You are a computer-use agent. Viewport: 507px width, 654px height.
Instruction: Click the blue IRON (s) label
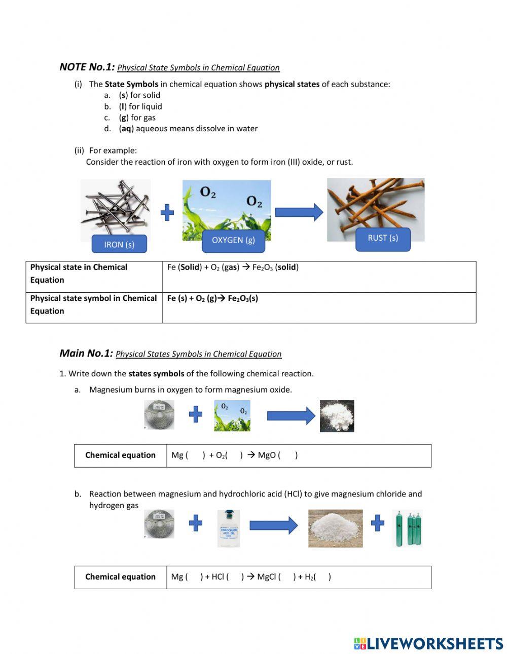119,244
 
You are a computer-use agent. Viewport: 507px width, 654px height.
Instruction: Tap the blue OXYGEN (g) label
233,240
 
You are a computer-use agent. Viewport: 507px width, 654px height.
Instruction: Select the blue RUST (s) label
383,238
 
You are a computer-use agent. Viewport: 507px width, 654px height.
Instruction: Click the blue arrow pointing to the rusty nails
299,212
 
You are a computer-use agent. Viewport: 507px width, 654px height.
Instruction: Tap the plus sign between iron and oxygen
167,213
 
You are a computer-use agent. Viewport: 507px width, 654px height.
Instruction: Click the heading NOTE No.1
87,67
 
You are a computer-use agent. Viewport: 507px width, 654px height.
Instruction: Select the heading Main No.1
86,353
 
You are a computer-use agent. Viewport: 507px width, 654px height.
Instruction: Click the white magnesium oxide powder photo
337,416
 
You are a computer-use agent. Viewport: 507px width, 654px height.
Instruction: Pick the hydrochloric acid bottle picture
228,528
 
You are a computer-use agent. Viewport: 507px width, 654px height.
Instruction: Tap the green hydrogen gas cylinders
408,528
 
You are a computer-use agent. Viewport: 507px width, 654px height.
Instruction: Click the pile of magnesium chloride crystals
335,528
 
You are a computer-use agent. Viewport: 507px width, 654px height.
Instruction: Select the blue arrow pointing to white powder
291,416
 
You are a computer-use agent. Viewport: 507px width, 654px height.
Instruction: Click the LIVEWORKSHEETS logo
428,643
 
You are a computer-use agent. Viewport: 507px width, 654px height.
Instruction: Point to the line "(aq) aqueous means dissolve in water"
188,129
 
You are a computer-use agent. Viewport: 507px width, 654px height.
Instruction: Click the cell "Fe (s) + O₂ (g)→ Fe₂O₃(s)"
212,298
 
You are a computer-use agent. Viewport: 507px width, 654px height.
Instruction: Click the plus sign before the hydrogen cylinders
377,523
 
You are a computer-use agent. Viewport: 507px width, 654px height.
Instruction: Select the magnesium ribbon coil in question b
159,524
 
